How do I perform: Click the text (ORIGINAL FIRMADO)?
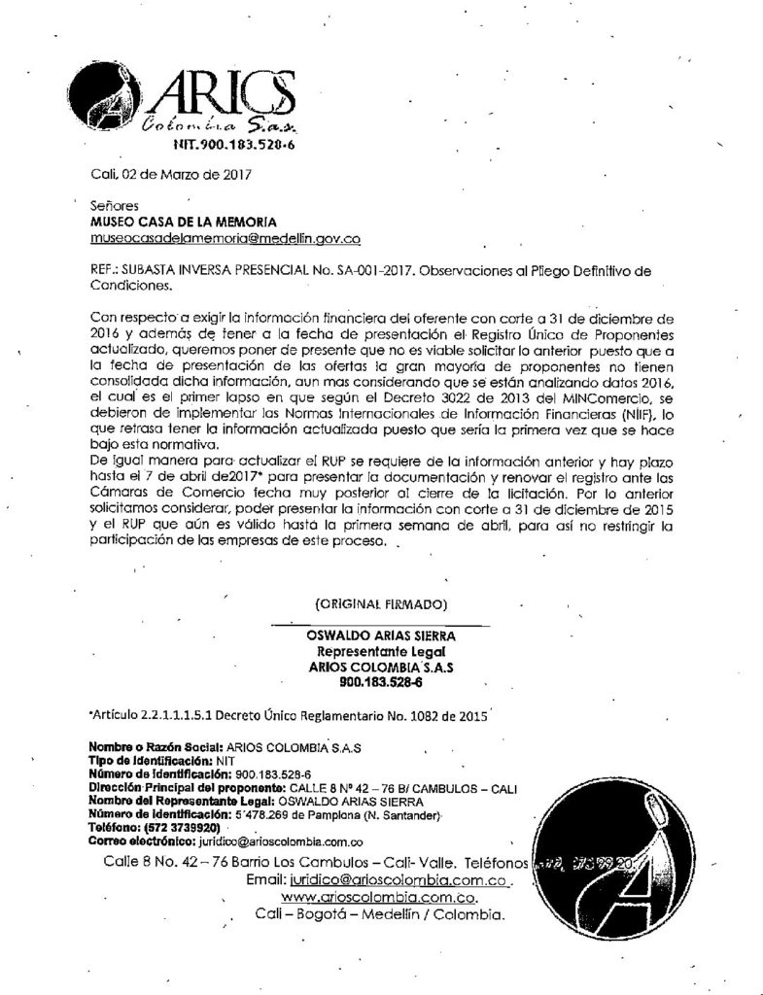point(381,603)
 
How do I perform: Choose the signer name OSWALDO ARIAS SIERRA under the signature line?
point(381,636)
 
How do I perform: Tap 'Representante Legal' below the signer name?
point(381,653)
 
